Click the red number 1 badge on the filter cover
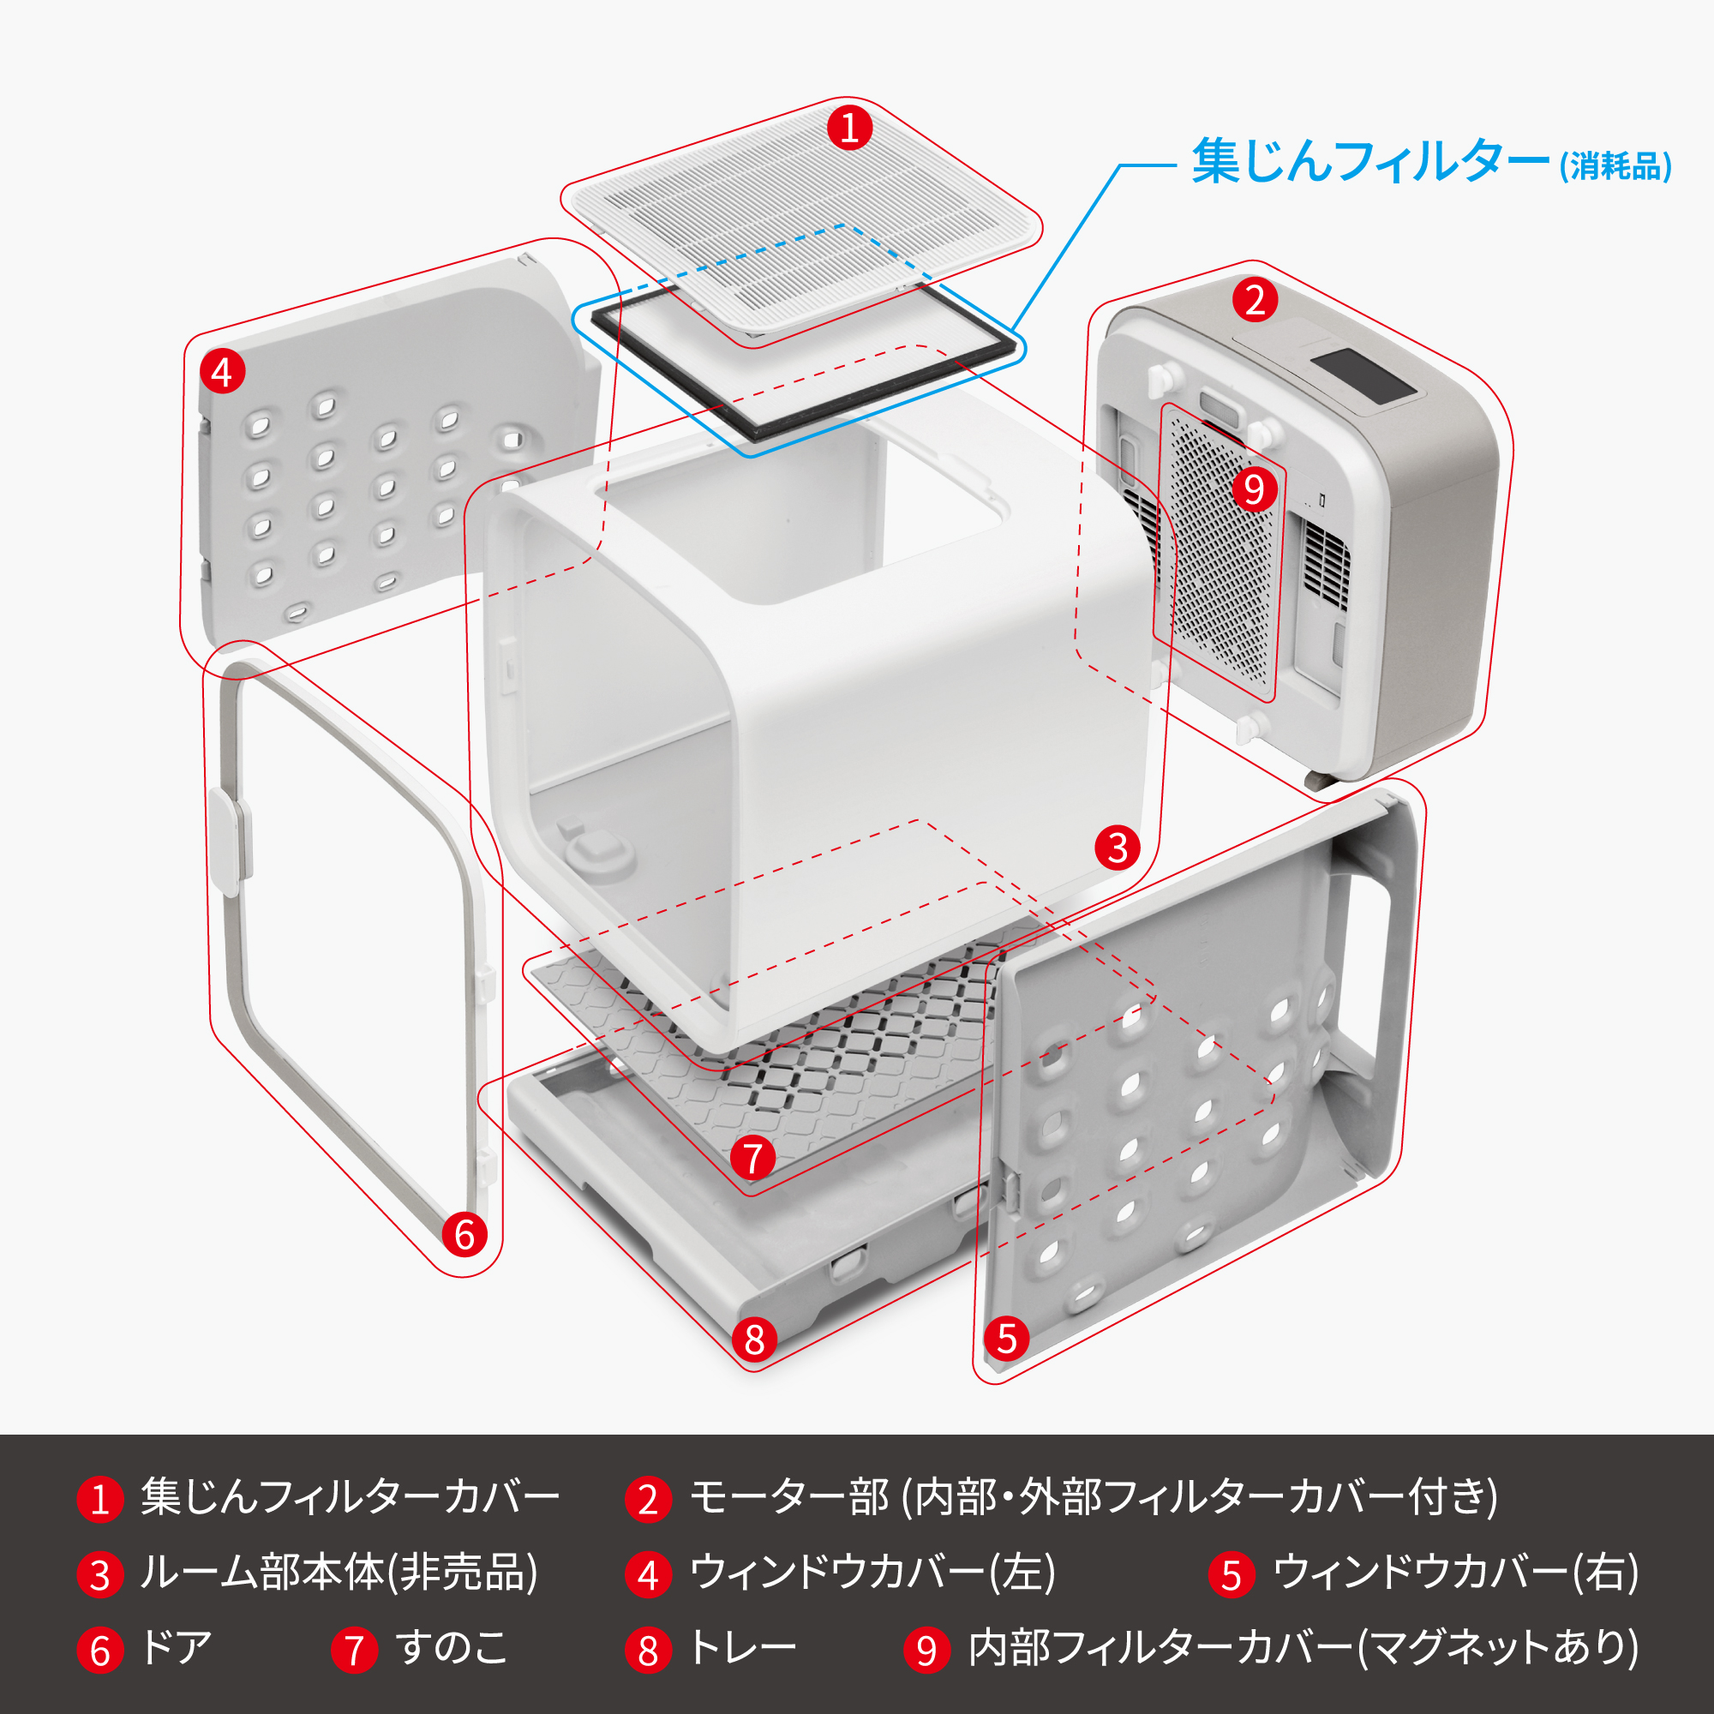click(849, 128)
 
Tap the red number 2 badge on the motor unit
click(1255, 300)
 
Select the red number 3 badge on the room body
click(1117, 848)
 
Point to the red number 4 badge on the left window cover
click(222, 371)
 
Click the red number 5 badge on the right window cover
click(1006, 1338)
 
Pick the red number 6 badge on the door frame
click(464, 1234)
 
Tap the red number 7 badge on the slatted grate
click(752, 1158)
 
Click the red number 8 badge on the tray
click(754, 1339)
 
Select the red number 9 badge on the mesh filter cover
click(1254, 488)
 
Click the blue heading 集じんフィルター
click(1369, 161)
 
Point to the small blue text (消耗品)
click(1615, 167)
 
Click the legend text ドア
click(177, 1648)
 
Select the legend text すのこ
click(452, 1648)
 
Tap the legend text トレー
click(743, 1648)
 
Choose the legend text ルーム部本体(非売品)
click(339, 1573)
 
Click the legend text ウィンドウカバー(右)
click(1455, 1573)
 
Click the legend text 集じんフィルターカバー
click(350, 1497)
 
